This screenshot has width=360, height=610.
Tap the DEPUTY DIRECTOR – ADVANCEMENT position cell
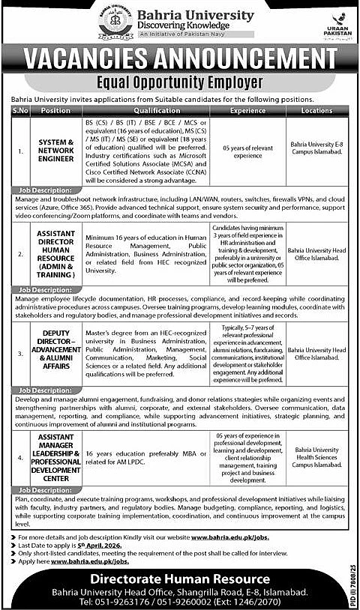[x=55, y=349]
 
